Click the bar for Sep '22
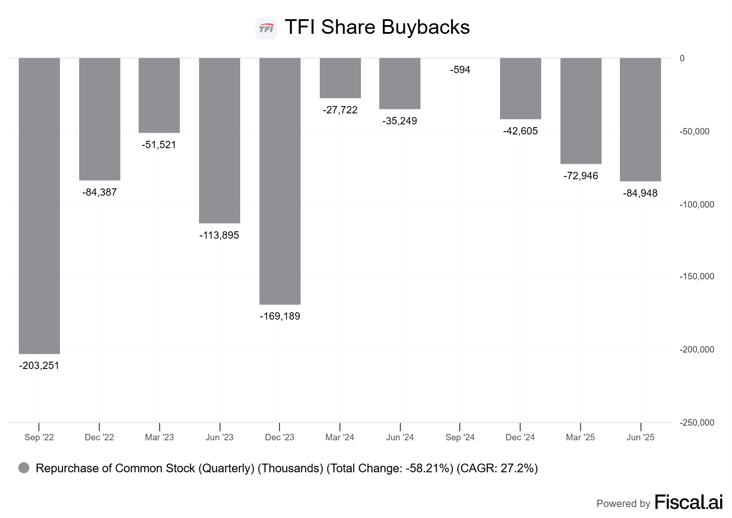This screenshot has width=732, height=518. click(39, 206)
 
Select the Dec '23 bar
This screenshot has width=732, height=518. click(280, 181)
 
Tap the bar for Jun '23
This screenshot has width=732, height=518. click(220, 140)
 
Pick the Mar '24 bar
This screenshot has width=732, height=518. click(340, 78)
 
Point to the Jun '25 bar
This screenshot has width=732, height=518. click(640, 120)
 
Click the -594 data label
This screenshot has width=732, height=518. click(460, 70)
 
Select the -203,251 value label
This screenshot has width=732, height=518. click(39, 366)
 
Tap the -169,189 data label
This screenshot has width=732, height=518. click(280, 316)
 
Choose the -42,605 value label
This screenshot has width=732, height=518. click(521, 131)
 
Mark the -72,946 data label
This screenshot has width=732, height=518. click(581, 176)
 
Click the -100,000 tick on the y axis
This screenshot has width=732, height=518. click(697, 205)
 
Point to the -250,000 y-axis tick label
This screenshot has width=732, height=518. click(697, 423)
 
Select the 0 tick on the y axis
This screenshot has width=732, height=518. click(682, 59)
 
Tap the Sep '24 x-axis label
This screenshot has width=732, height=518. click(460, 438)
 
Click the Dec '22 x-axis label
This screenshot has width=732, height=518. click(99, 438)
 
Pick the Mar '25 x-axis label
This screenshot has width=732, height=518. click(580, 438)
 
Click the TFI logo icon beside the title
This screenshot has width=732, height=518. click(266, 28)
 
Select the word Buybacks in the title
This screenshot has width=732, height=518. click(425, 27)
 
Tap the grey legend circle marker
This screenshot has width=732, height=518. click(24, 468)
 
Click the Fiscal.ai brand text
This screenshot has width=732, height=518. click(689, 502)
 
